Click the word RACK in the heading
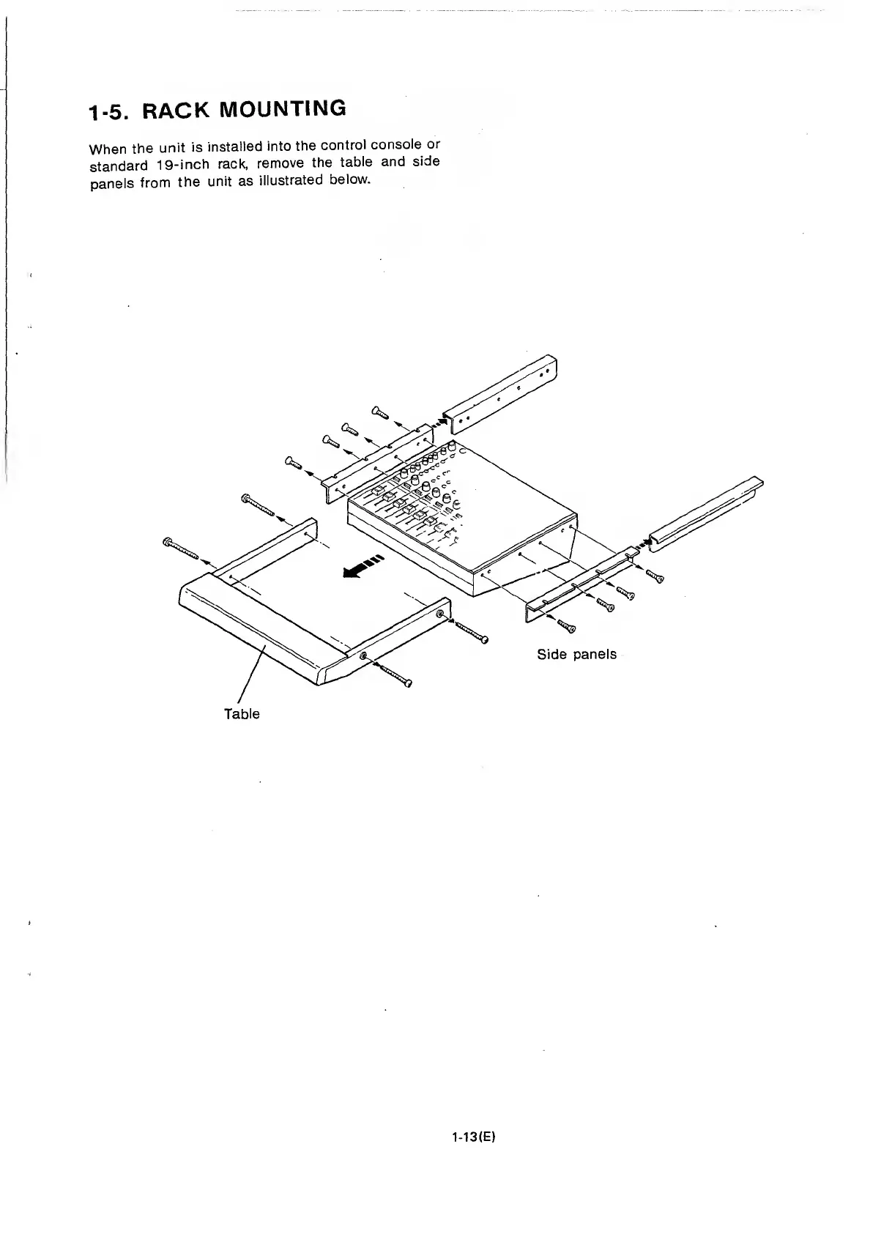[x=176, y=111]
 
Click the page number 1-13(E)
[x=474, y=1137]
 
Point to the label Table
[x=242, y=713]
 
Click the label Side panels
[x=576, y=654]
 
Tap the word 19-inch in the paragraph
[x=174, y=165]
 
